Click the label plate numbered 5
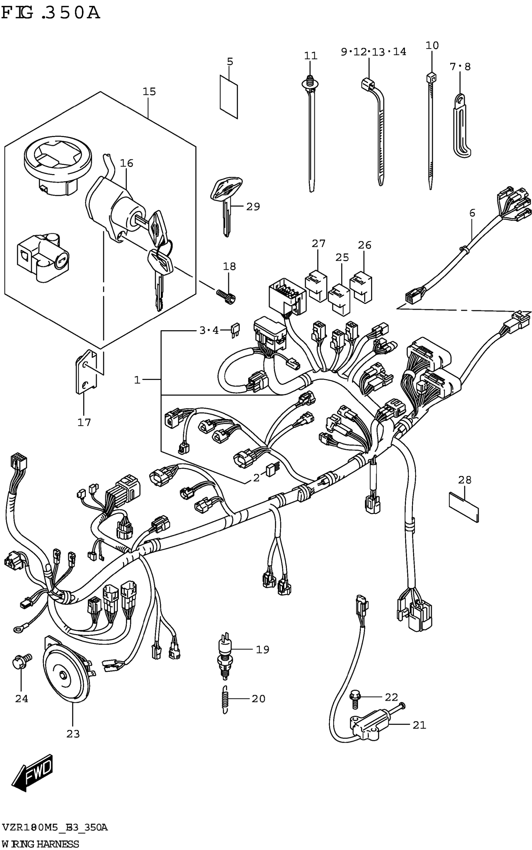[229, 96]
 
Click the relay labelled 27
[316, 285]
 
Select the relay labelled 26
[361, 287]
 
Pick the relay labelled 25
[339, 298]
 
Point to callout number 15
[149, 92]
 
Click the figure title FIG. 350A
[51, 13]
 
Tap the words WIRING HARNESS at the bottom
[40, 844]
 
